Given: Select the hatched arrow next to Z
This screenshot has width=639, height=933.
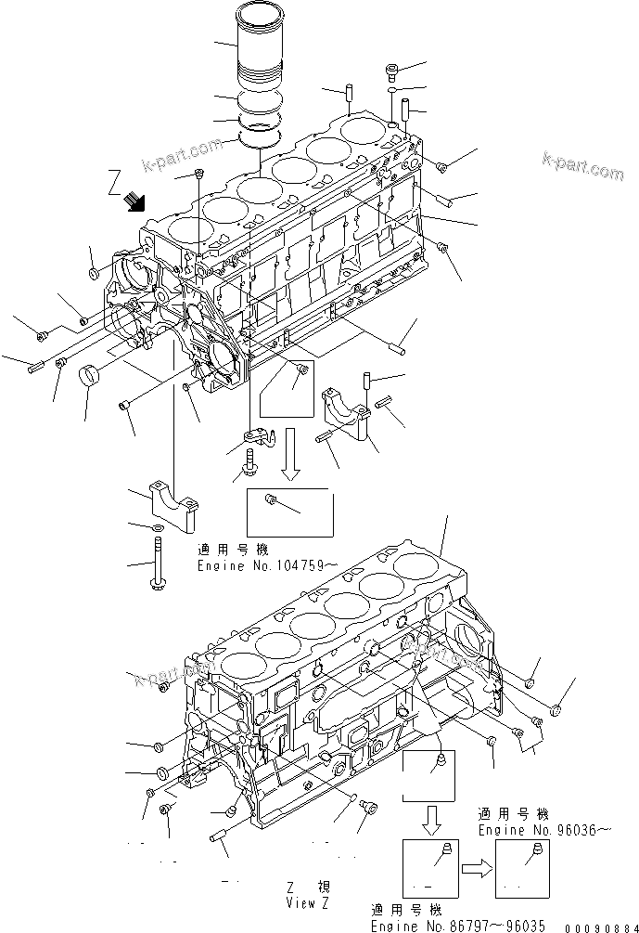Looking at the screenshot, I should click(x=134, y=198).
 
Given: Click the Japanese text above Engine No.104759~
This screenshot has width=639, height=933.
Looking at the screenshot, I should click(x=230, y=551).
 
